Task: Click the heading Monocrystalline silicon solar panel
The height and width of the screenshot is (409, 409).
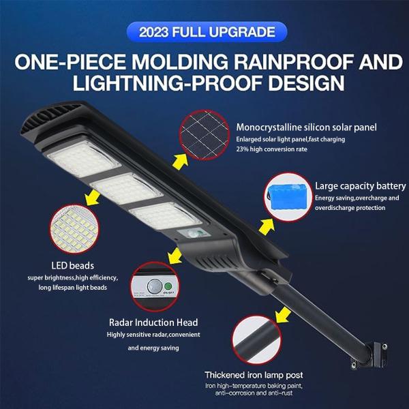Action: (x=316, y=127)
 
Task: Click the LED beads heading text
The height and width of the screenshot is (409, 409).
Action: (x=72, y=265)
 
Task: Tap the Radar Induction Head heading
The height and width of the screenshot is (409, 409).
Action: (x=153, y=322)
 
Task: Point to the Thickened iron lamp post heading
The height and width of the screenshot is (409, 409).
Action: (x=254, y=375)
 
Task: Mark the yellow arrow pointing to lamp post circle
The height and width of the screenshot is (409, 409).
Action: (x=279, y=314)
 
